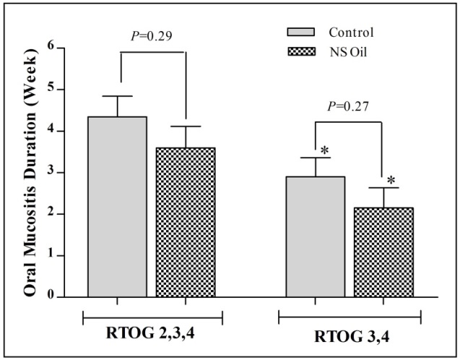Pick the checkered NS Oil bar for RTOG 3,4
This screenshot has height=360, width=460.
pyautogui.click(x=382, y=252)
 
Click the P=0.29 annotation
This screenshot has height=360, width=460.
pyautogui.click(x=152, y=35)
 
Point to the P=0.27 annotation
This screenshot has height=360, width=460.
pyautogui.click(x=349, y=107)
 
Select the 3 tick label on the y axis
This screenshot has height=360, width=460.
pyautogui.click(x=51, y=172)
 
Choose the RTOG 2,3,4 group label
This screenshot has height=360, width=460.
pyautogui.click(x=152, y=335)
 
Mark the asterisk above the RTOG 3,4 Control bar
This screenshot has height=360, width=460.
pyautogui.click(x=325, y=150)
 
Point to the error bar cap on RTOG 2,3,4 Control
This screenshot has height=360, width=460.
pyautogui.click(x=118, y=96)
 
